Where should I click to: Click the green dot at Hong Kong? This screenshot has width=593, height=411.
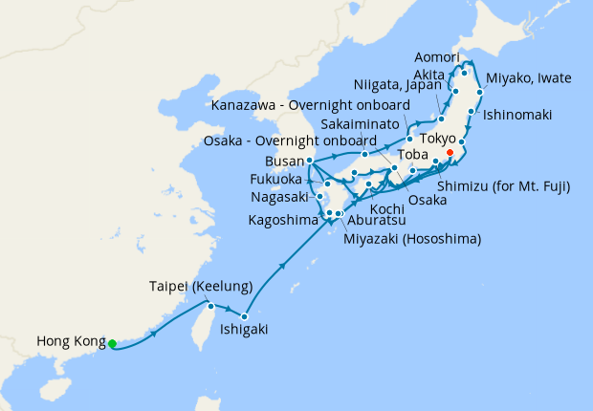(x=112, y=343)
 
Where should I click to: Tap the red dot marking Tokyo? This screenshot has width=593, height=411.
(x=450, y=152)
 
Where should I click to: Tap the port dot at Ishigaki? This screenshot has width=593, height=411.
(x=246, y=315)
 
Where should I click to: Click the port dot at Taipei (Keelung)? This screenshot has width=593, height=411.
(x=209, y=306)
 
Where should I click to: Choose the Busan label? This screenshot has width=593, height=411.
(x=285, y=161)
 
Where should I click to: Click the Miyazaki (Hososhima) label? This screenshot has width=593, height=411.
(x=412, y=238)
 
